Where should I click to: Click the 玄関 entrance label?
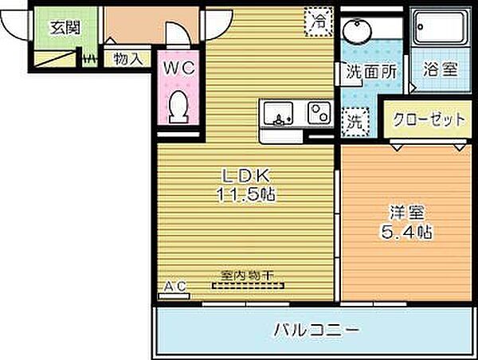(65, 27)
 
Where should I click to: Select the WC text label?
(179, 69)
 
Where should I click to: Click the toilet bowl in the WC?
(180, 106)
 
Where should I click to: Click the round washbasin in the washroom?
(355, 34)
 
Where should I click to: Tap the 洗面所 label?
(370, 70)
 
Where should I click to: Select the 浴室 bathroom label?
(439, 69)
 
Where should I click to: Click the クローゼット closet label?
(429, 120)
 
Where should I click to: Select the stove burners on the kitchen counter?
(319, 114)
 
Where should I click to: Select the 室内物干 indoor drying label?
(247, 275)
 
